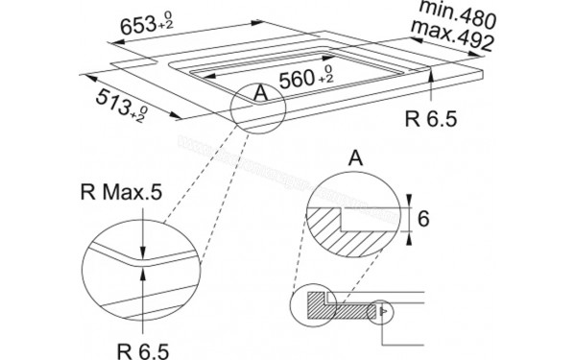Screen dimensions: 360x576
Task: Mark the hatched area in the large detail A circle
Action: pyautogui.click(x=338, y=228)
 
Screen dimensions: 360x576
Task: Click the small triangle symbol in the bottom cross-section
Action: pyautogui.click(x=382, y=310)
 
